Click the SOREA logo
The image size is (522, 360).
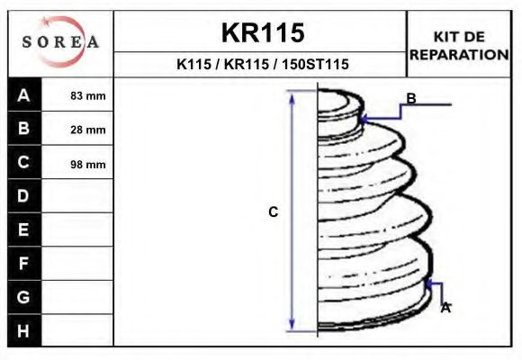pos(60,41)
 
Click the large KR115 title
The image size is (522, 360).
pos(263,32)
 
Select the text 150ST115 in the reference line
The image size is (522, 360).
pos(315,64)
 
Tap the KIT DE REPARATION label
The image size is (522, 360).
pos(459,46)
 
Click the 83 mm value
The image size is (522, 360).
pos(88,96)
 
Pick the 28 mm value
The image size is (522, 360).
pos(88,130)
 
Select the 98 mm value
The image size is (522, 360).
pos(88,164)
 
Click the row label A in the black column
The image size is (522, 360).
pos(23,95)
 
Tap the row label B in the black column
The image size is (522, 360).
pos(23,128)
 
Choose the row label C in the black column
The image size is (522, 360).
pos(23,162)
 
